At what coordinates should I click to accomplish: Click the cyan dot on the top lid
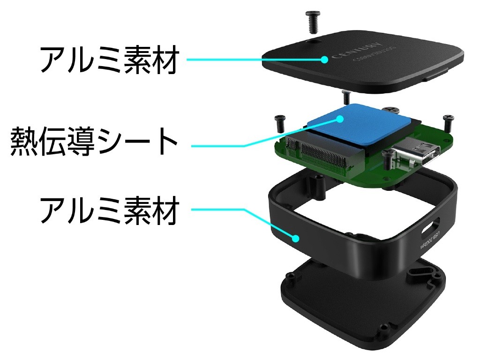point(324,59)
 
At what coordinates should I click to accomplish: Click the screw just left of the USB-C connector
point(387,160)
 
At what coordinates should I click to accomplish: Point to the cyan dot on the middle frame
point(296,238)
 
